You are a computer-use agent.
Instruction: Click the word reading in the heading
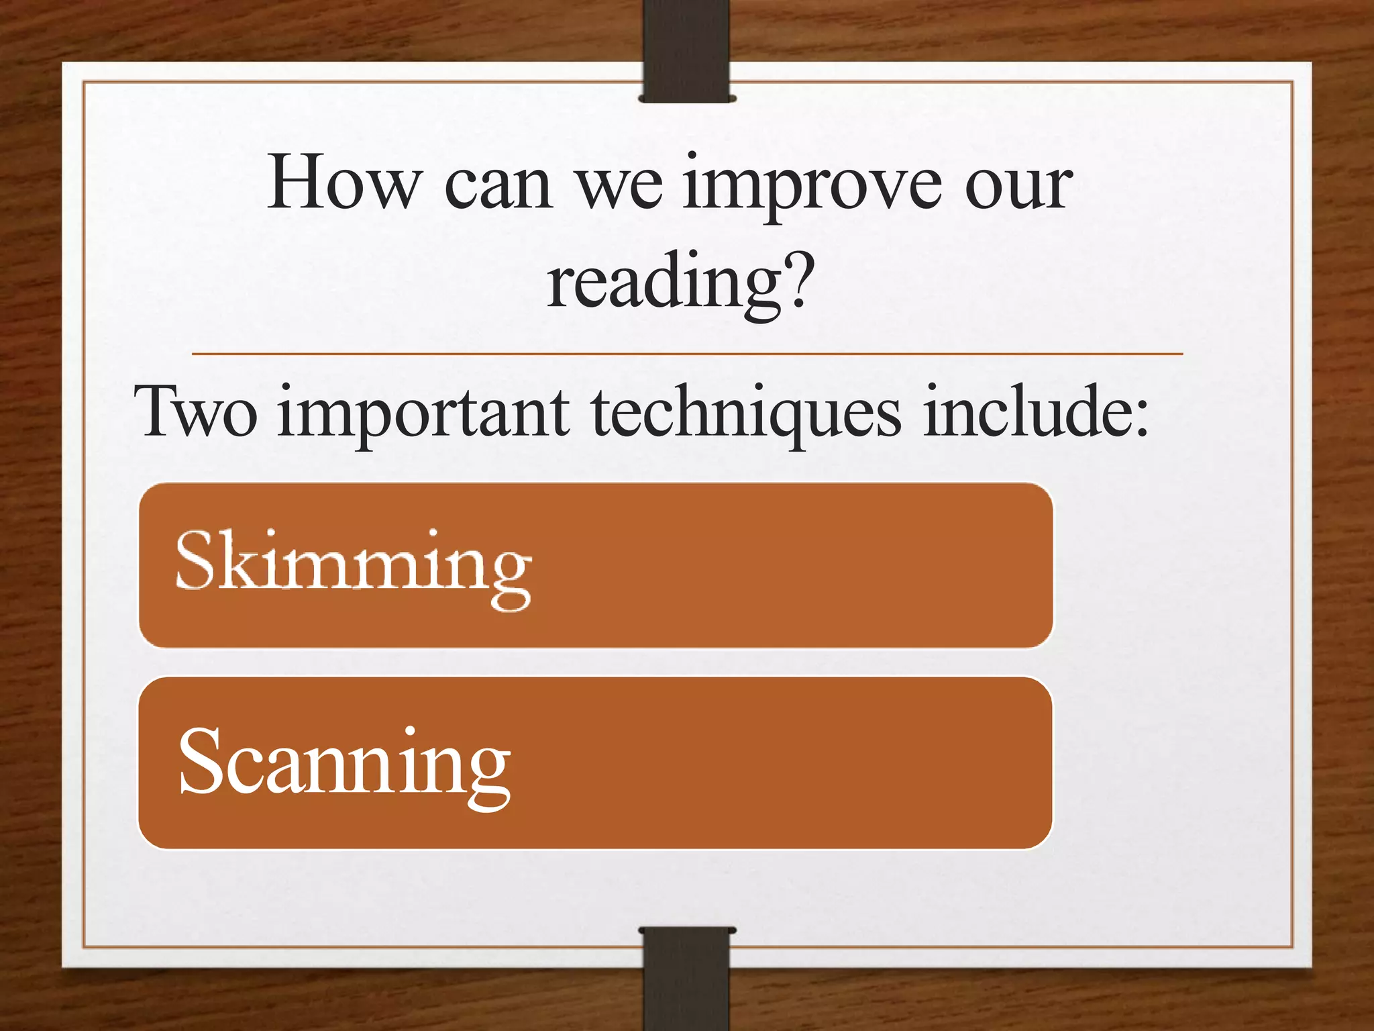tap(664, 283)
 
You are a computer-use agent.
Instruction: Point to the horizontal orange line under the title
tap(686, 353)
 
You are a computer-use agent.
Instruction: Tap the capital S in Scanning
tap(199, 760)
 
